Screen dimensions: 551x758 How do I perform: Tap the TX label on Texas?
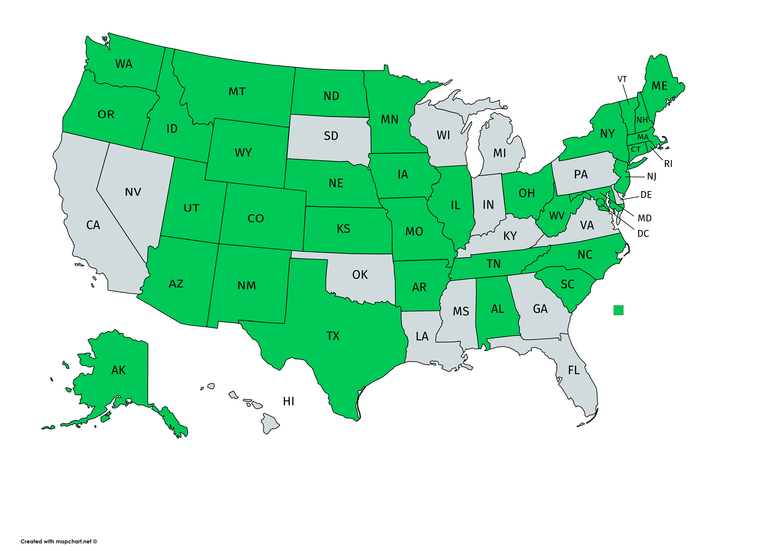[x=333, y=336]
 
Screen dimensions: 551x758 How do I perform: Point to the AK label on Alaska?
[x=119, y=370]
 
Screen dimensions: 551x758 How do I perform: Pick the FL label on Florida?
[x=574, y=370]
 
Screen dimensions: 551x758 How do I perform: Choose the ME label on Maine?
[x=659, y=86]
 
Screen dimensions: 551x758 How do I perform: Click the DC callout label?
[x=643, y=234]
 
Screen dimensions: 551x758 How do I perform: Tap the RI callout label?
[x=668, y=164]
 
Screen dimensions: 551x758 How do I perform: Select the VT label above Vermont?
[x=622, y=79]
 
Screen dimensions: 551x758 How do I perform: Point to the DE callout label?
[x=646, y=195]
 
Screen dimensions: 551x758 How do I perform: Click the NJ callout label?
[x=651, y=176]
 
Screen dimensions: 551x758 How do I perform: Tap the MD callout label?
[x=645, y=218]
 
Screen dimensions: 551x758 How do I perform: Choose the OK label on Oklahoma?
[x=360, y=275]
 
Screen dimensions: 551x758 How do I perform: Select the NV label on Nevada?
[x=133, y=192]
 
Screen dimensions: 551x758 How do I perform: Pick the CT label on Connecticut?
[x=636, y=149]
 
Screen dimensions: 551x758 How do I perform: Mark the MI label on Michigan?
[x=500, y=153]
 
